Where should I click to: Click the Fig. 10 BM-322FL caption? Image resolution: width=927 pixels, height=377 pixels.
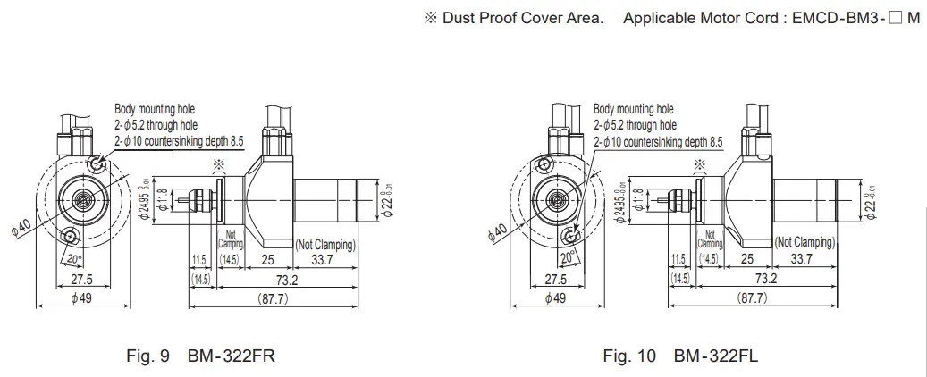click(680, 356)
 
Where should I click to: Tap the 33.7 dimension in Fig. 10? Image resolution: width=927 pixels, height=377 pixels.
click(802, 259)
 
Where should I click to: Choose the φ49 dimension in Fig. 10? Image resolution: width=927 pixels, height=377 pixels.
click(556, 297)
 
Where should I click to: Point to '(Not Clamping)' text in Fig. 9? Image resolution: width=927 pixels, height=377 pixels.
click(325, 244)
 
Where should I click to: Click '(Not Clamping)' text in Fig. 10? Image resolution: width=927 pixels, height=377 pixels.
click(804, 242)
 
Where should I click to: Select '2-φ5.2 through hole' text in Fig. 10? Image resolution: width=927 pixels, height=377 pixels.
click(634, 125)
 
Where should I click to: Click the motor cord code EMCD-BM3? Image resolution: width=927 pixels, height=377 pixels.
click(839, 18)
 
